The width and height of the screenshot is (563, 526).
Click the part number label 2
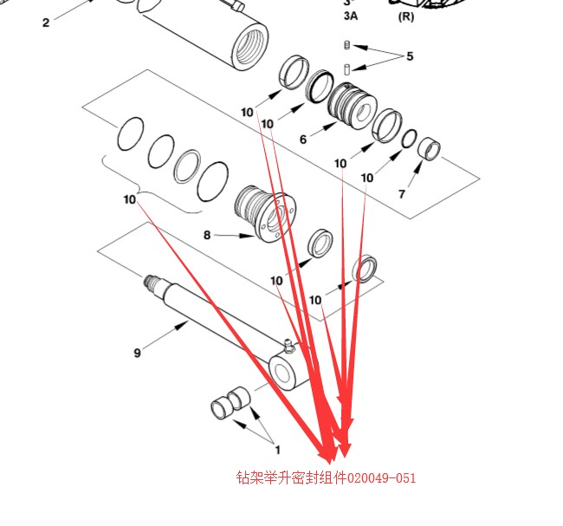pos(46,23)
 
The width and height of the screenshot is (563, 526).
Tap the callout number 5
pos(410,57)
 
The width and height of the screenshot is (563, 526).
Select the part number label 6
pos(303,140)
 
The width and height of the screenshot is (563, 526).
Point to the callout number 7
pos(401,194)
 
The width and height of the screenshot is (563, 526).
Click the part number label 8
pos(207,235)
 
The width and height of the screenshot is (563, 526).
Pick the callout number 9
pos(137,353)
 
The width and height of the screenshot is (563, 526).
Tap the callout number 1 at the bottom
pos(278,450)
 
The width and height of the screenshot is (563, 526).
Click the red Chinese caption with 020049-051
pos(326,477)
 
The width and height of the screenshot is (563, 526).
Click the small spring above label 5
pos(346,45)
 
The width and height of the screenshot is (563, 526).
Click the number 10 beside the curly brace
pos(129,199)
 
